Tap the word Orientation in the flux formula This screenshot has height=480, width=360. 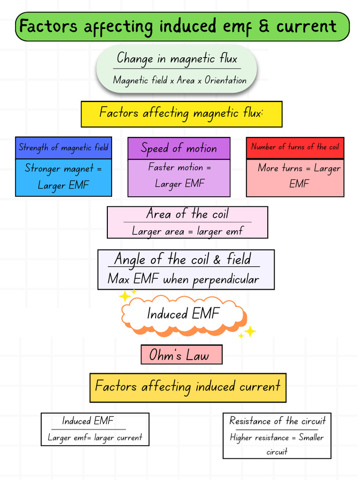point(225,80)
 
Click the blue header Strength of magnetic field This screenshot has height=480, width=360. point(63,148)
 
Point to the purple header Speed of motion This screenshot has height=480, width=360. point(179,149)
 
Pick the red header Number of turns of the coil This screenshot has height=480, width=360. point(295,148)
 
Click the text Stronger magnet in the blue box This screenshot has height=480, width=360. point(59,168)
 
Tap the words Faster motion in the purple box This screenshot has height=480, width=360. point(176,167)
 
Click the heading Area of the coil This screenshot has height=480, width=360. point(187,213)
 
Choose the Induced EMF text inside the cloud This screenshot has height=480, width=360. point(183,314)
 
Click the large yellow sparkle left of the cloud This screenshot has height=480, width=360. point(125,296)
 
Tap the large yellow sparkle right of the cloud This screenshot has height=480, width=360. point(250,331)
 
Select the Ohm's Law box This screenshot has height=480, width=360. point(181,355)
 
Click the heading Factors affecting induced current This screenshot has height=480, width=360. point(187,386)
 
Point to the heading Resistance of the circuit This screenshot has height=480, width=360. point(277,421)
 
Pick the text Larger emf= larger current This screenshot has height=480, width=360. point(95,438)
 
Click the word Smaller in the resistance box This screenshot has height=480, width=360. point(311,437)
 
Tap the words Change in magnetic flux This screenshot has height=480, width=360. point(177,59)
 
